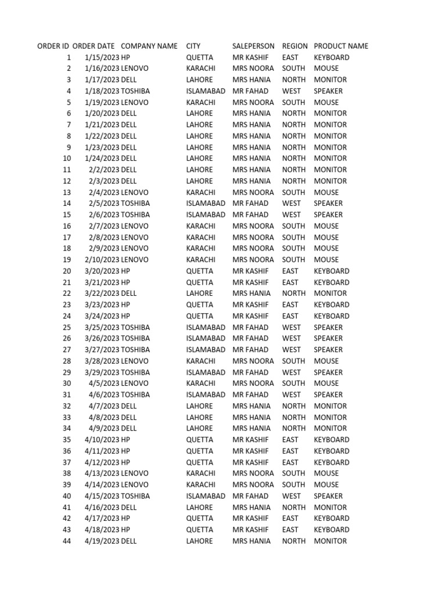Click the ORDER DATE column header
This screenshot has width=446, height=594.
(93, 46)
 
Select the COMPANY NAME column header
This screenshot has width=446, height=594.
(149, 46)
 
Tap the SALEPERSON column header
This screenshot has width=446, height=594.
(253, 46)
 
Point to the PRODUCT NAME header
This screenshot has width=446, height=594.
(341, 46)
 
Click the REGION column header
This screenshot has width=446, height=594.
(295, 46)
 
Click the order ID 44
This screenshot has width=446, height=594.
(67, 541)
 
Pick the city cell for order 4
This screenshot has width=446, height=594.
(206, 91)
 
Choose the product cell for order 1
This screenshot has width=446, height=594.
(332, 57)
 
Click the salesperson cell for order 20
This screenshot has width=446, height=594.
(250, 271)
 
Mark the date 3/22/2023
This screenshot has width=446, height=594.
(102, 294)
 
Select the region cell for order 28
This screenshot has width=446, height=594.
(293, 361)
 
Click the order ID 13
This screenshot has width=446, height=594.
(67, 192)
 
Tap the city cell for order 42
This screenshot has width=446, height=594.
(200, 518)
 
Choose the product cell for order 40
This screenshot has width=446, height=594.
(328, 496)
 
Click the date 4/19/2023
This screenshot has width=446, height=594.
(102, 541)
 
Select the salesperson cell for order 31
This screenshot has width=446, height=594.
(250, 394)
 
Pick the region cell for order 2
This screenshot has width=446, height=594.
(293, 68)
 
